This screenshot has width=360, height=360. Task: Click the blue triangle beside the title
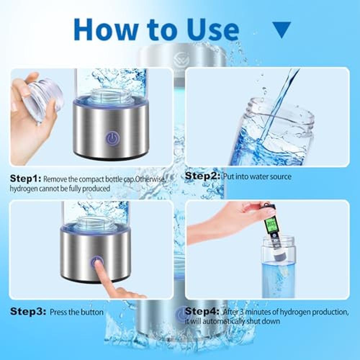click(282, 30)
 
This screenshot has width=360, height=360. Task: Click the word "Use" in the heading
click(213, 30)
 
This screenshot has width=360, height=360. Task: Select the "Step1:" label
click(25, 179)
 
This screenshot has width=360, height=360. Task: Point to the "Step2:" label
click(202, 176)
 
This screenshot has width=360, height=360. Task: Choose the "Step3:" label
click(28, 311)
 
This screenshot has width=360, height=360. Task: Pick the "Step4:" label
click(202, 311)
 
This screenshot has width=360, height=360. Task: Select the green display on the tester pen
click(271, 225)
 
